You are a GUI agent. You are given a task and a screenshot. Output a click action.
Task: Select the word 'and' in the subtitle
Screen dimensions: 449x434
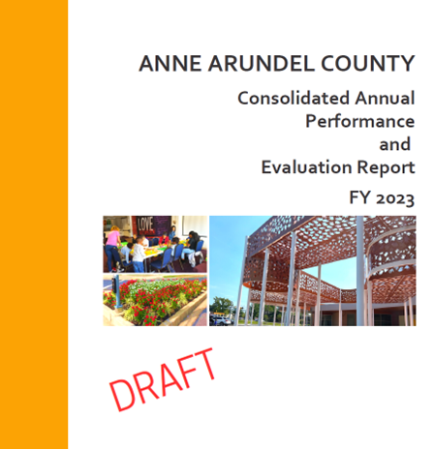coord(395,145)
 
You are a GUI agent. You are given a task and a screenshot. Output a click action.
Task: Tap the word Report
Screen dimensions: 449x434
coord(387,168)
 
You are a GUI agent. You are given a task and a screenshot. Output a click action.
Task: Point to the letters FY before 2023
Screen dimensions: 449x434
coord(359,199)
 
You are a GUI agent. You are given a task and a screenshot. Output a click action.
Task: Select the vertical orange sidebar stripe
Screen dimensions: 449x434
coord(34,224)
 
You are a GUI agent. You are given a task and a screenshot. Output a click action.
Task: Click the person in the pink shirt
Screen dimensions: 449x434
coord(114,240)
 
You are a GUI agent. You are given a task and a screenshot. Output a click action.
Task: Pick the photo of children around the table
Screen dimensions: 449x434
coord(155,244)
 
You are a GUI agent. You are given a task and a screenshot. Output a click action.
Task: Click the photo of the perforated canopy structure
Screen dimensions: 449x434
coord(312,271)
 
